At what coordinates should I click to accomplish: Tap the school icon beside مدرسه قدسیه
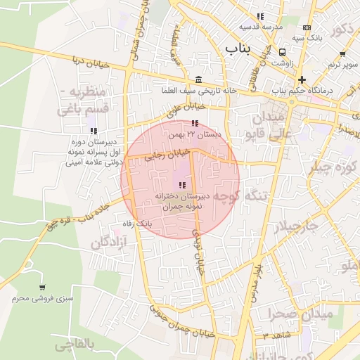pos(260,16)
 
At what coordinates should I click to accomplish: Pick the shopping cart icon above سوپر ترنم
pos(342,53)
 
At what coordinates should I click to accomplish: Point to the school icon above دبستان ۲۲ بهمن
pos(195,124)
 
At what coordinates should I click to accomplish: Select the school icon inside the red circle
pos(182,185)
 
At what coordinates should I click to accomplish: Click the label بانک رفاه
pos(138,223)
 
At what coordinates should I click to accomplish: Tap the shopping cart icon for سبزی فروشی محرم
pos(42,288)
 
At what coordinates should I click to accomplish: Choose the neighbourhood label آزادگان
pos(108,243)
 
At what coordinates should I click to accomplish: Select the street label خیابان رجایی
pos(167,154)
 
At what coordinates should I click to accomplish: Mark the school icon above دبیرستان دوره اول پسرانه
pos(94,131)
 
